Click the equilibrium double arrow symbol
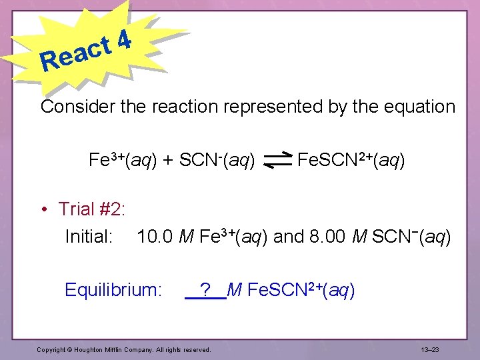click(x=278, y=161)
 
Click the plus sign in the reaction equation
click(x=168, y=161)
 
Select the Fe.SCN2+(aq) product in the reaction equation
click(x=351, y=161)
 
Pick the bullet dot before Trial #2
click(x=44, y=209)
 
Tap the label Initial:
click(x=88, y=237)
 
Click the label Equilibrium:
click(x=113, y=291)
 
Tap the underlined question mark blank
click(x=206, y=291)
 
